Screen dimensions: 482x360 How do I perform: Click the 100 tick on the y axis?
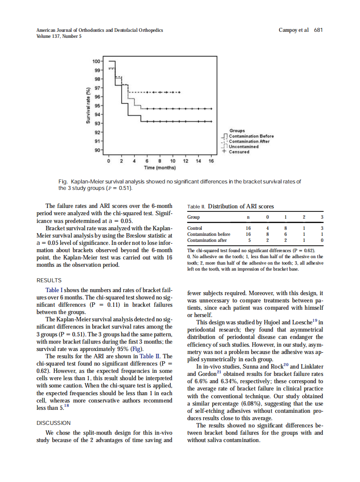pos(97,61)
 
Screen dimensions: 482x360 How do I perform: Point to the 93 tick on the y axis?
pos(98,123)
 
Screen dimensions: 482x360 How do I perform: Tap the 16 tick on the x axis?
pos(211,161)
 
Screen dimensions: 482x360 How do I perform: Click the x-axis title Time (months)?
pos(159,167)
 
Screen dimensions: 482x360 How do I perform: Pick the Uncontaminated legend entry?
pos(243,146)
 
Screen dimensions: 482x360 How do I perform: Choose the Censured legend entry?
pos(238,152)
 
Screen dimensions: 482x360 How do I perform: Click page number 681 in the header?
pos(318,30)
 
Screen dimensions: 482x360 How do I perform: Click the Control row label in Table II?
pos(195,228)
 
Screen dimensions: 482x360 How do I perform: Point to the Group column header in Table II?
pos(193,217)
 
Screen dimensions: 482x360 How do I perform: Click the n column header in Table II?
pos(248,217)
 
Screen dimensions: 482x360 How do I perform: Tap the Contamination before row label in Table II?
pos(209,234)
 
